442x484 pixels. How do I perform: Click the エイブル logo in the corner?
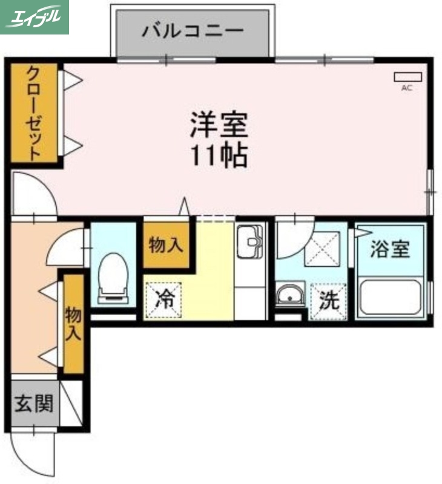[x=35, y=17]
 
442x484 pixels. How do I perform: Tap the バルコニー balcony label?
[x=193, y=31]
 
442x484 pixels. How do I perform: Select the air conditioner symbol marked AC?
[x=407, y=77]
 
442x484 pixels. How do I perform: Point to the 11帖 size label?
[x=219, y=156]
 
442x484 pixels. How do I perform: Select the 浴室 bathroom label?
[x=390, y=249]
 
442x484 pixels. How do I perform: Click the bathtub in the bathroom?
[x=391, y=296]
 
